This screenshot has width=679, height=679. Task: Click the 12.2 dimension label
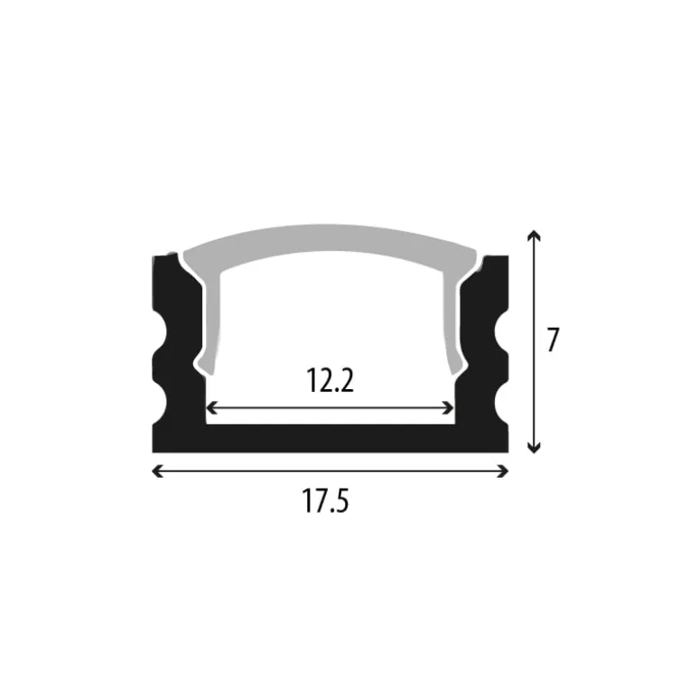click(x=330, y=381)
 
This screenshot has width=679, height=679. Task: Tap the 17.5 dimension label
click(x=325, y=500)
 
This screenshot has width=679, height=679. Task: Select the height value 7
click(x=553, y=340)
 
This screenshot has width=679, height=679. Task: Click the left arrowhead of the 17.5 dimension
click(x=155, y=470)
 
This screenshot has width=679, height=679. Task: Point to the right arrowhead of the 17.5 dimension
click(x=505, y=470)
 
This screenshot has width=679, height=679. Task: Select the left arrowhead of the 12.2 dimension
click(x=211, y=407)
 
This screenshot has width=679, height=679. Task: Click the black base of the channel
click(x=330, y=437)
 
